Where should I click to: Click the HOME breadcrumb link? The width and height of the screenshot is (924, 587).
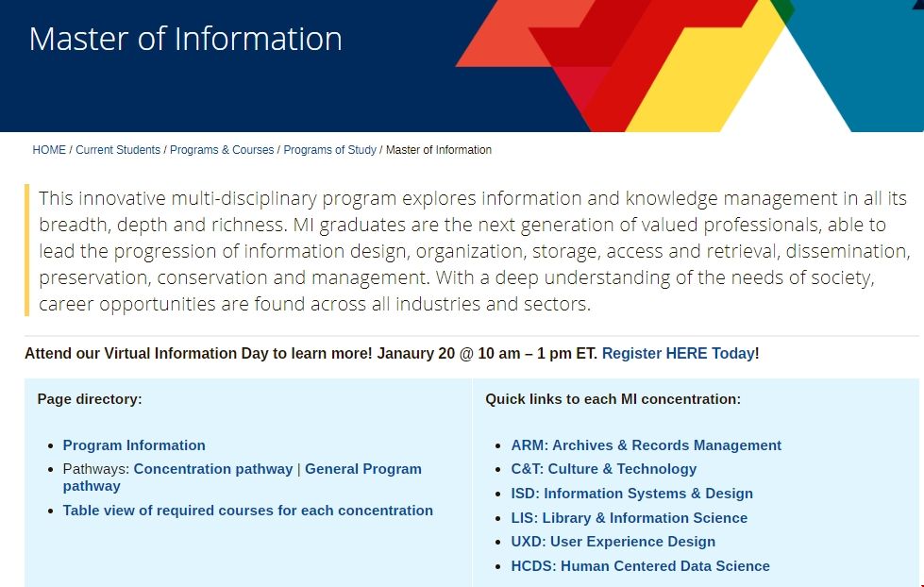point(49,150)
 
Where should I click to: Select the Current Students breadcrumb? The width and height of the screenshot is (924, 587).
point(118,150)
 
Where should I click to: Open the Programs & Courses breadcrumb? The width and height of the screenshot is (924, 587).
point(222,150)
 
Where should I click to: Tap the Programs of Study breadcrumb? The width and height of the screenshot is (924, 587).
point(329,150)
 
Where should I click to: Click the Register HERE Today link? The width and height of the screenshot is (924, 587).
point(678,353)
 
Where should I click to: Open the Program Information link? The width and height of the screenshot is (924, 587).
point(134,444)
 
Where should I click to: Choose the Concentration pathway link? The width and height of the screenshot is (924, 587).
point(213,468)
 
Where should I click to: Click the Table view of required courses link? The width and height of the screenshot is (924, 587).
point(248,511)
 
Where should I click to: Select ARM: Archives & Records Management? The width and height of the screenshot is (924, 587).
point(646,444)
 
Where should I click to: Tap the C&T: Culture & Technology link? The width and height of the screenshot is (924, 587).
point(603,468)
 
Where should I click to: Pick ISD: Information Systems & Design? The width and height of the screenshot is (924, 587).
point(631,494)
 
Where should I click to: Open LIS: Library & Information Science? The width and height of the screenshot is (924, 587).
point(629,517)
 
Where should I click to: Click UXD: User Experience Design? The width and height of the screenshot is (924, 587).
point(613,541)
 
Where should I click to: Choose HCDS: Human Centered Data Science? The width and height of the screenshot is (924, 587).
point(640,566)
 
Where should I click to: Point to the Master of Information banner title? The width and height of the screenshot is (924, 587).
point(186,39)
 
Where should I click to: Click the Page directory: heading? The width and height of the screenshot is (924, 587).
point(90,399)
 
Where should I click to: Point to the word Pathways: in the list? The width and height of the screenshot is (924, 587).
point(96,468)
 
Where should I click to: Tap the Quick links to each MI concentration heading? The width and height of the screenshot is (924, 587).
point(613,399)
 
